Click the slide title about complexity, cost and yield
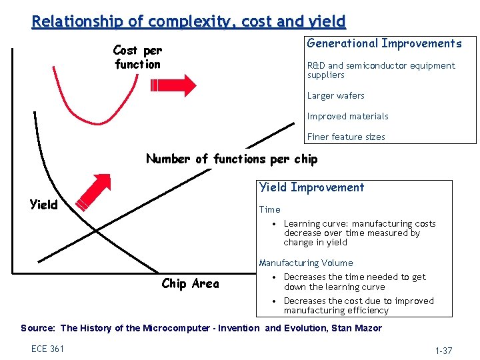189,21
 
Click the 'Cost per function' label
137,57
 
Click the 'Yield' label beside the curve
44,205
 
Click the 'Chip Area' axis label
190,284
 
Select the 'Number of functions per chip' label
231,159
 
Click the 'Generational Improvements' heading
384,43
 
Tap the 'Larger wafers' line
335,95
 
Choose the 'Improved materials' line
347,116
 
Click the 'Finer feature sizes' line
345,137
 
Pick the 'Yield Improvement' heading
311,187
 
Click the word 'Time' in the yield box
269,209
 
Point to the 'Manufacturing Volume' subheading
305,263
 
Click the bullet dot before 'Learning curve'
275,224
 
